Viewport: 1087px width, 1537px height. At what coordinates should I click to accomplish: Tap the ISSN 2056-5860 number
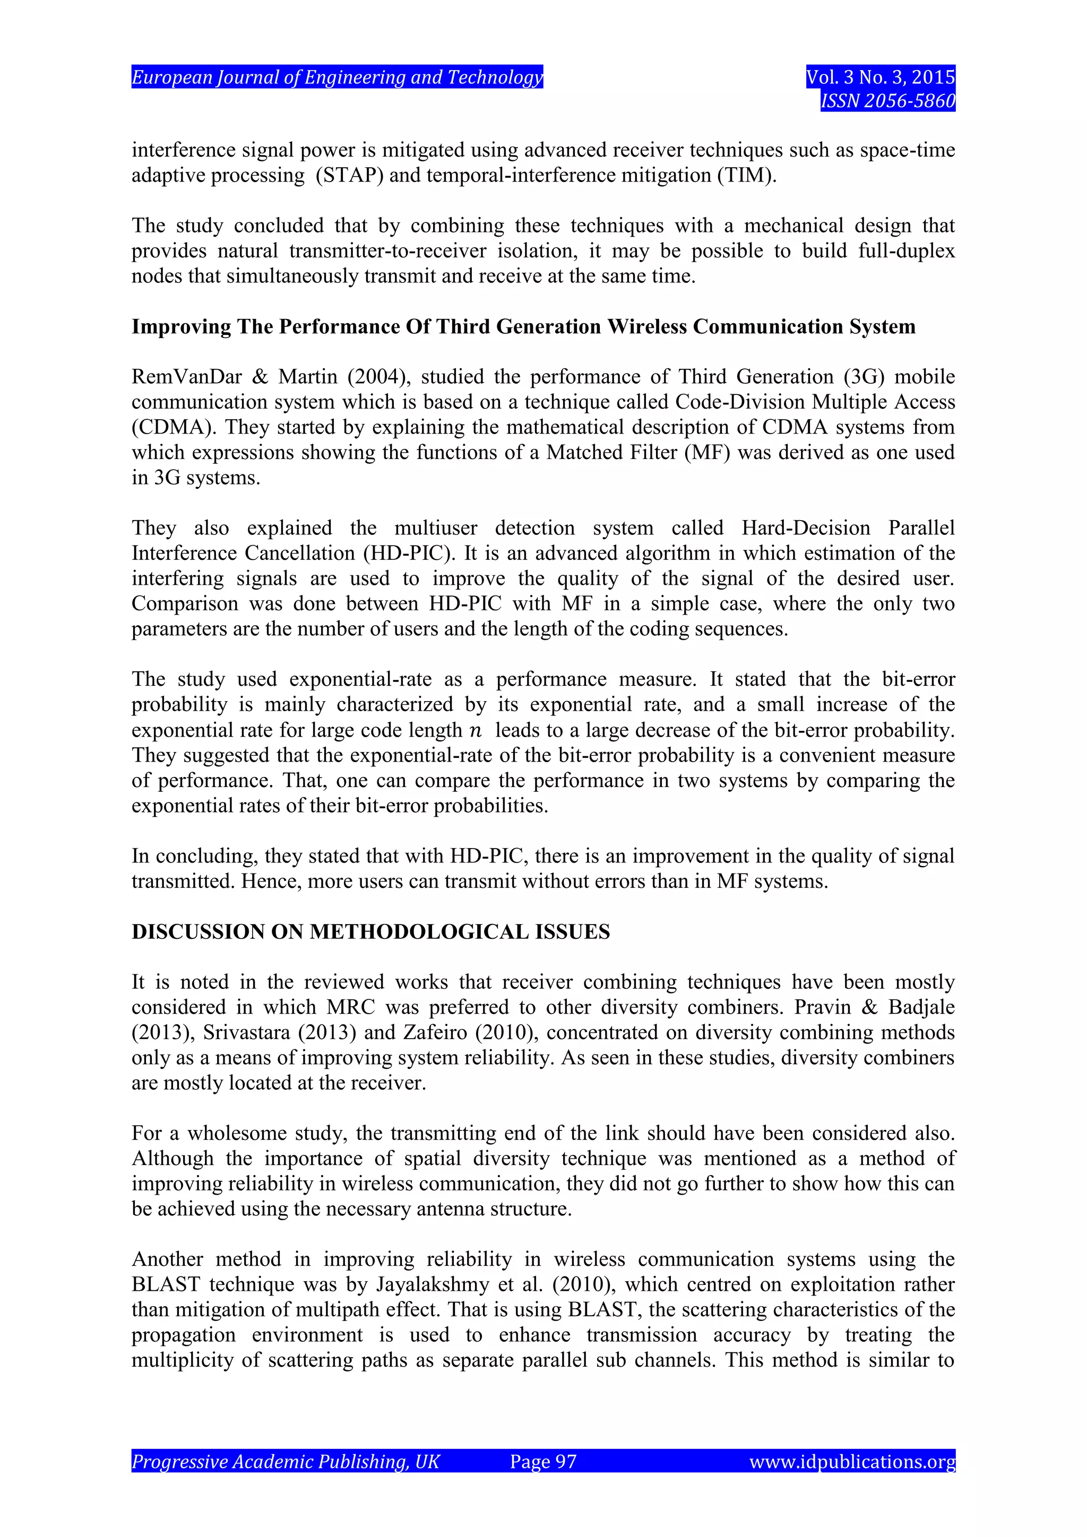click(x=887, y=101)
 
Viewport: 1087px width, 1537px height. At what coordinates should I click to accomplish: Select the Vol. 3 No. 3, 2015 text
click(x=880, y=77)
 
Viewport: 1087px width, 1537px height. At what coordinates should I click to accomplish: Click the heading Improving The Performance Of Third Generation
click(x=523, y=327)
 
